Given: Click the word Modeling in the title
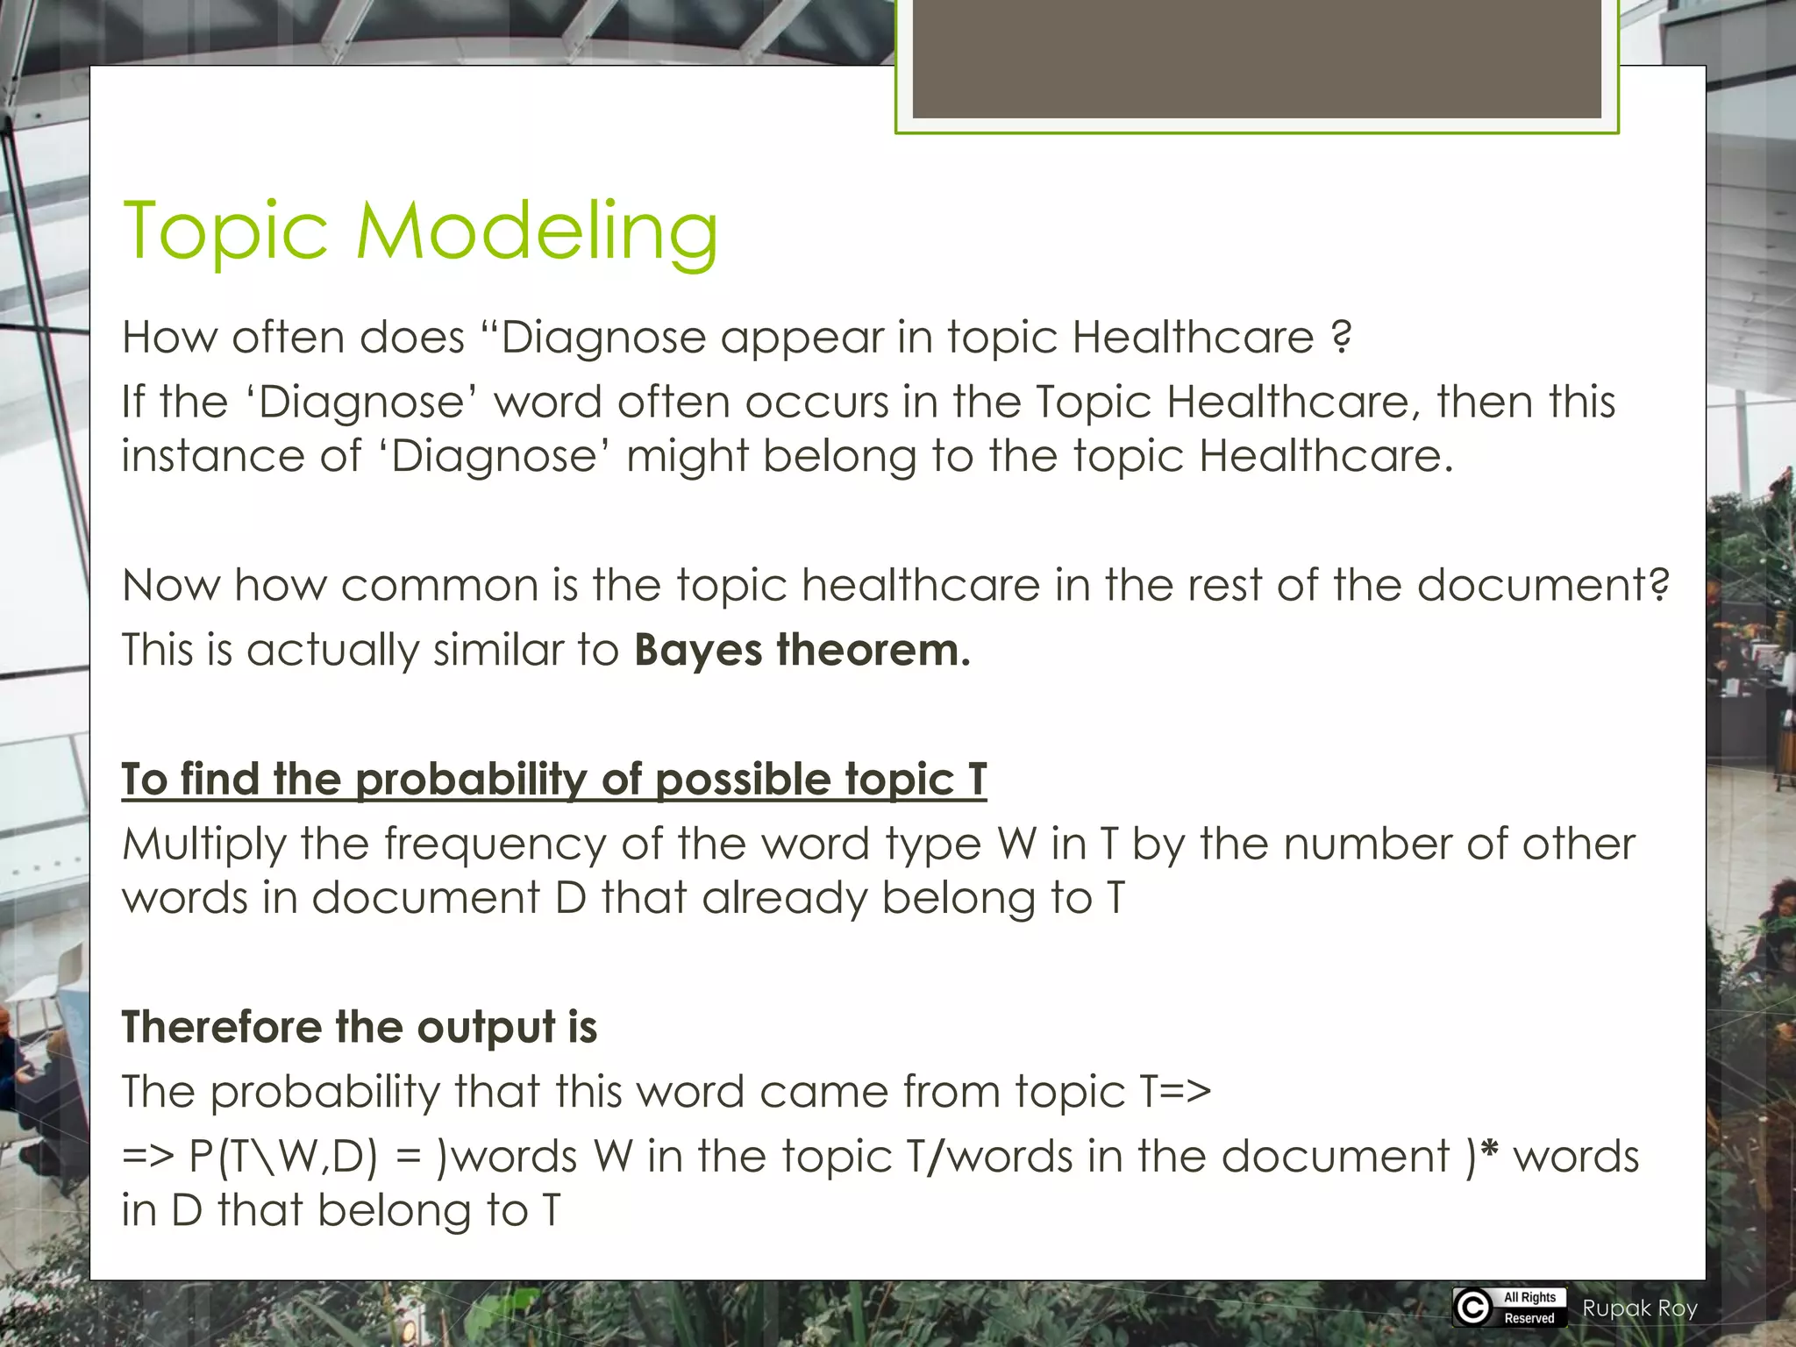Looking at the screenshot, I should pyautogui.click(x=536, y=232).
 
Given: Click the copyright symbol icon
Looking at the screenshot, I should pyautogui.click(x=1473, y=1308).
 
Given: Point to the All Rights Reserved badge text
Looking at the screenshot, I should pyautogui.click(x=1529, y=1308).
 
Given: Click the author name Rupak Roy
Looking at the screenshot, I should pyautogui.click(x=1640, y=1308).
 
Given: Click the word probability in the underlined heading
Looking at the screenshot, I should pyautogui.click(x=472, y=780).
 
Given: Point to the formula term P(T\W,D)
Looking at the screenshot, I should pyautogui.click(x=282, y=1157).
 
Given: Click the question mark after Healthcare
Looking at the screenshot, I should pyautogui.click(x=1341, y=338).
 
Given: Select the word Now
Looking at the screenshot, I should pyautogui.click(x=170, y=586).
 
